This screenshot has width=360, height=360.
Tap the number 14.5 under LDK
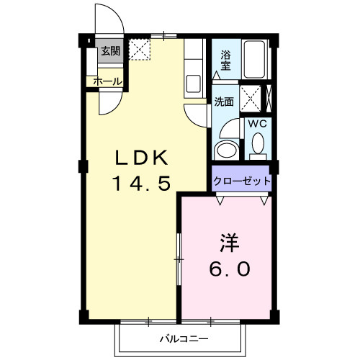pyautogui.click(x=141, y=184)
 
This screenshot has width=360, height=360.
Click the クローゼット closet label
pyautogui.click(x=242, y=180)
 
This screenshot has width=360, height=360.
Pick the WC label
pyautogui.click(x=257, y=123)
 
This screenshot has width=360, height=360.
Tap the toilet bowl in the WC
pyautogui.click(x=257, y=146)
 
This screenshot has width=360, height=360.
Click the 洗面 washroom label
pyautogui.click(x=223, y=102)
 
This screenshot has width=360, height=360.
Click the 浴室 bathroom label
pyautogui.click(x=225, y=60)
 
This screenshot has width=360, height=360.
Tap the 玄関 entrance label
pyautogui.click(x=109, y=51)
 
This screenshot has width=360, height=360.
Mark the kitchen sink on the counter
pyautogui.click(x=194, y=81)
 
